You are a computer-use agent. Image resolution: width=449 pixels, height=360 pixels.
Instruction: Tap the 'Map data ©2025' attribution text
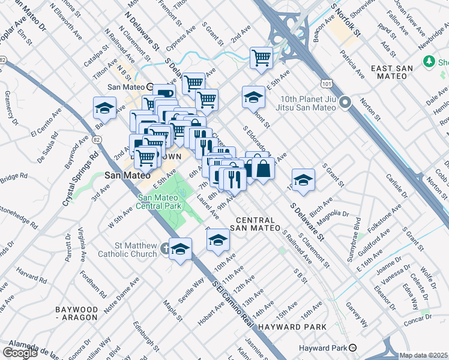click(424, 355)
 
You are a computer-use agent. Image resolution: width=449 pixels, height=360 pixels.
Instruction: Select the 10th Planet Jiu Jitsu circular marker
click(345, 103)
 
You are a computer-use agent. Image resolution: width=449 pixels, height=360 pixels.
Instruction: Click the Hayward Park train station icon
click(354, 348)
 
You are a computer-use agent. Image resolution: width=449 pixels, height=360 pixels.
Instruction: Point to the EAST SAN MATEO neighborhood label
click(391, 68)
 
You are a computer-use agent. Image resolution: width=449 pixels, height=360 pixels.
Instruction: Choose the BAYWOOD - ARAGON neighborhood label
click(76, 313)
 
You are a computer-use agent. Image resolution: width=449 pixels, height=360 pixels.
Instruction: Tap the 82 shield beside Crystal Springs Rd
click(96, 140)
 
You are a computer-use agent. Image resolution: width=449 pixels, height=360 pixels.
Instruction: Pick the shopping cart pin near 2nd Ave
click(262, 58)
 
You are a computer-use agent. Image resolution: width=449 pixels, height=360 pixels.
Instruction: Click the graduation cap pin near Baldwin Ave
click(104, 108)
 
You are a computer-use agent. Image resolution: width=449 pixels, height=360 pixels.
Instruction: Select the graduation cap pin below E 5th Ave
click(253, 97)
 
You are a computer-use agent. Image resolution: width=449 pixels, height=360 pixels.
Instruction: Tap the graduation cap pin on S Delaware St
click(303, 180)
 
